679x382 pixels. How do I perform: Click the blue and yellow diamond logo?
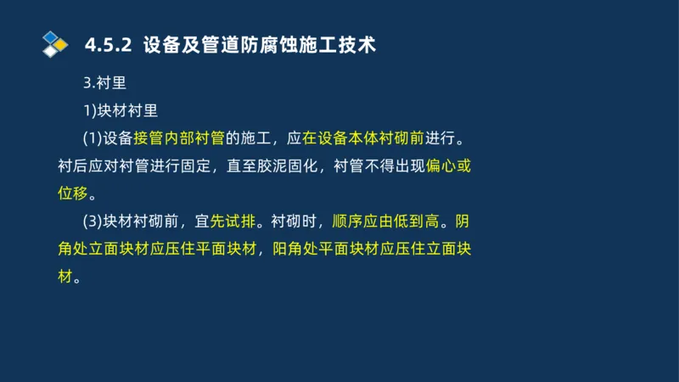pos(54,43)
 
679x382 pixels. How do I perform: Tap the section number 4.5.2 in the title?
pos(109,44)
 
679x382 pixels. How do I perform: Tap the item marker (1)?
pos(93,138)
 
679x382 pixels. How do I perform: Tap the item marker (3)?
pos(93,222)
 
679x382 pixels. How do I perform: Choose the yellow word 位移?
pos(73,194)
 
